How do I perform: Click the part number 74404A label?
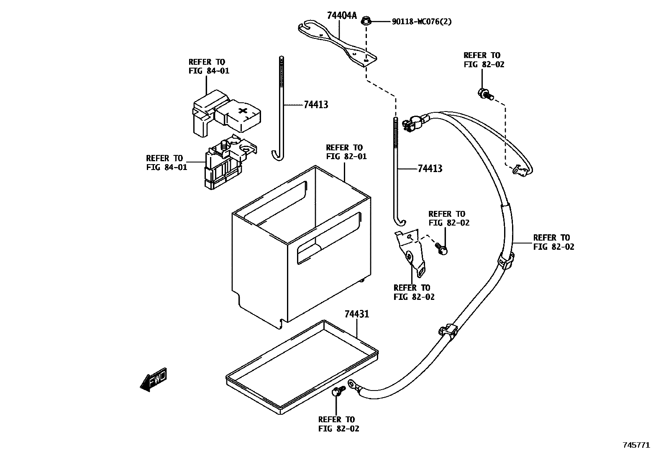tap(341, 16)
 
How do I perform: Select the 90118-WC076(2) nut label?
tap(421, 21)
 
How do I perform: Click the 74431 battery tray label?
tap(356, 314)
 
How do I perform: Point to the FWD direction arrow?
tap(154, 379)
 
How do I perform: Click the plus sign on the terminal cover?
tap(243, 111)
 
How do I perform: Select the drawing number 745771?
tap(636, 445)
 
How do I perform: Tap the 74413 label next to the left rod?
tap(316, 105)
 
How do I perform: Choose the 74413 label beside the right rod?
tap(430, 169)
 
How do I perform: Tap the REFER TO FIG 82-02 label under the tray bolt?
tap(338, 424)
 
